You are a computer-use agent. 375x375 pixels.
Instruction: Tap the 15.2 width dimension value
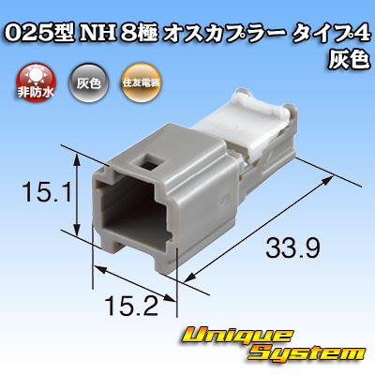[131, 306]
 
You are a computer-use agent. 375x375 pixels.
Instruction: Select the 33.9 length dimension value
[292, 247]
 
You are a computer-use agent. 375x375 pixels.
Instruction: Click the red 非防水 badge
[36, 82]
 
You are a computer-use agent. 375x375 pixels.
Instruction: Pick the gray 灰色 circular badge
[89, 82]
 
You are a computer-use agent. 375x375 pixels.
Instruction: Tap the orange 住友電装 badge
[142, 82]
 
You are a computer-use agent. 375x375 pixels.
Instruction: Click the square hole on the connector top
[148, 163]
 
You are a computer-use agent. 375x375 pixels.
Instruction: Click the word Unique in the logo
[237, 336]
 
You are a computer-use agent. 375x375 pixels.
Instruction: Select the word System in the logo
[307, 353]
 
